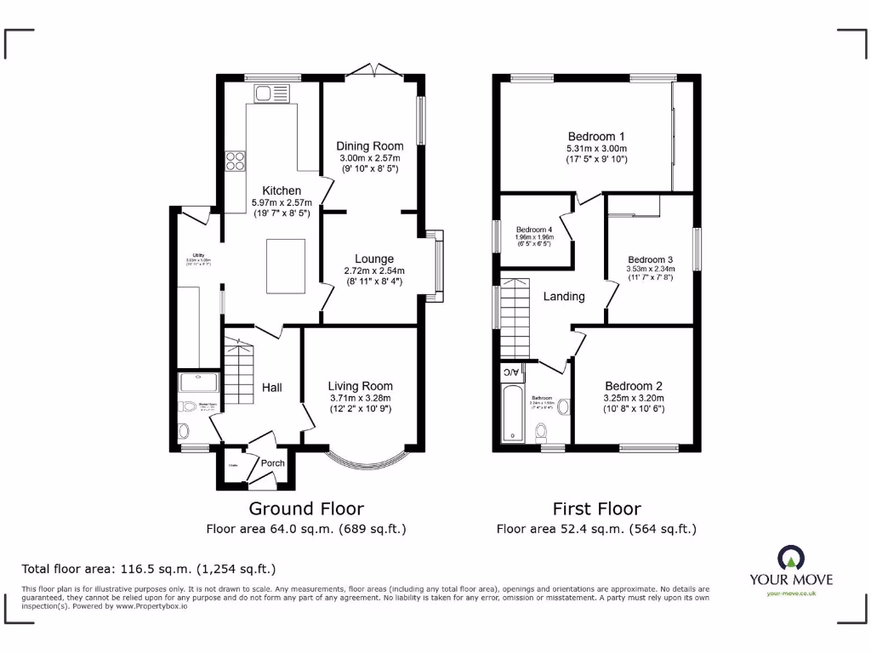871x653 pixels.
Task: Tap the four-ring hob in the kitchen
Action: pyautogui.click(x=236, y=161)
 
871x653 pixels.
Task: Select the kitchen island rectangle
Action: pyautogui.click(x=286, y=266)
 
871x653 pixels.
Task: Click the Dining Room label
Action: pyautogui.click(x=369, y=146)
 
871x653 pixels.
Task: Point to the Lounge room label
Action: pyautogui.click(x=374, y=259)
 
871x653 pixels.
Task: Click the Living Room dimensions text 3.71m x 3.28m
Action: pyautogui.click(x=361, y=398)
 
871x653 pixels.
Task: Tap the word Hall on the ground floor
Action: pyautogui.click(x=272, y=388)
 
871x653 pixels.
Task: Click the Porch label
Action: pyautogui.click(x=273, y=463)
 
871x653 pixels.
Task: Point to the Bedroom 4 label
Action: pyautogui.click(x=533, y=230)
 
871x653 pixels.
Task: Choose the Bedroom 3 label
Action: pyautogui.click(x=650, y=260)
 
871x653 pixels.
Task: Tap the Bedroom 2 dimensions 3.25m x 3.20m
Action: pyautogui.click(x=634, y=398)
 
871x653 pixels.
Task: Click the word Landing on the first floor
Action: pyautogui.click(x=564, y=297)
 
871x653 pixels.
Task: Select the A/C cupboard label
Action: pyautogui.click(x=510, y=372)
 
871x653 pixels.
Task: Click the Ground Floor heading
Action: pyautogui.click(x=306, y=508)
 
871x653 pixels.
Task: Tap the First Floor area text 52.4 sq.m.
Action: pyautogui.click(x=596, y=529)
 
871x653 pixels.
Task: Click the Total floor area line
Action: pyautogui.click(x=148, y=569)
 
